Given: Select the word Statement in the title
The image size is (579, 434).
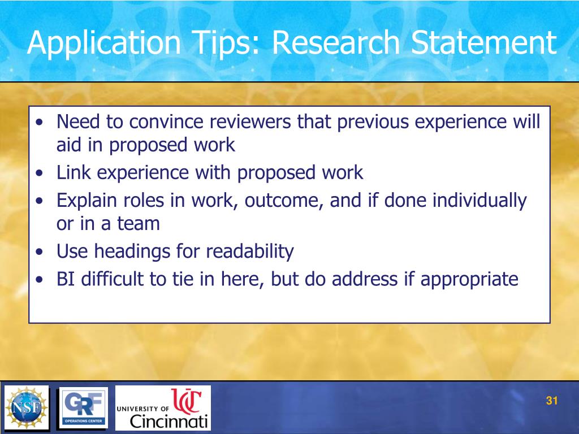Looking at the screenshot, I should coord(483,44).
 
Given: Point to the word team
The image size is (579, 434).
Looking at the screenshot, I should coord(139,223).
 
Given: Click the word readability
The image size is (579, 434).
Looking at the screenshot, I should coord(250,251).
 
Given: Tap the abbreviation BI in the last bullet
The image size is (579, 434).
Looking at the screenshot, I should coord(66,279).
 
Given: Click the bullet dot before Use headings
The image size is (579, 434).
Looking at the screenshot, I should coord(38,252).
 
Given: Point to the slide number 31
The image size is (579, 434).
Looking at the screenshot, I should coord(552,401).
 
